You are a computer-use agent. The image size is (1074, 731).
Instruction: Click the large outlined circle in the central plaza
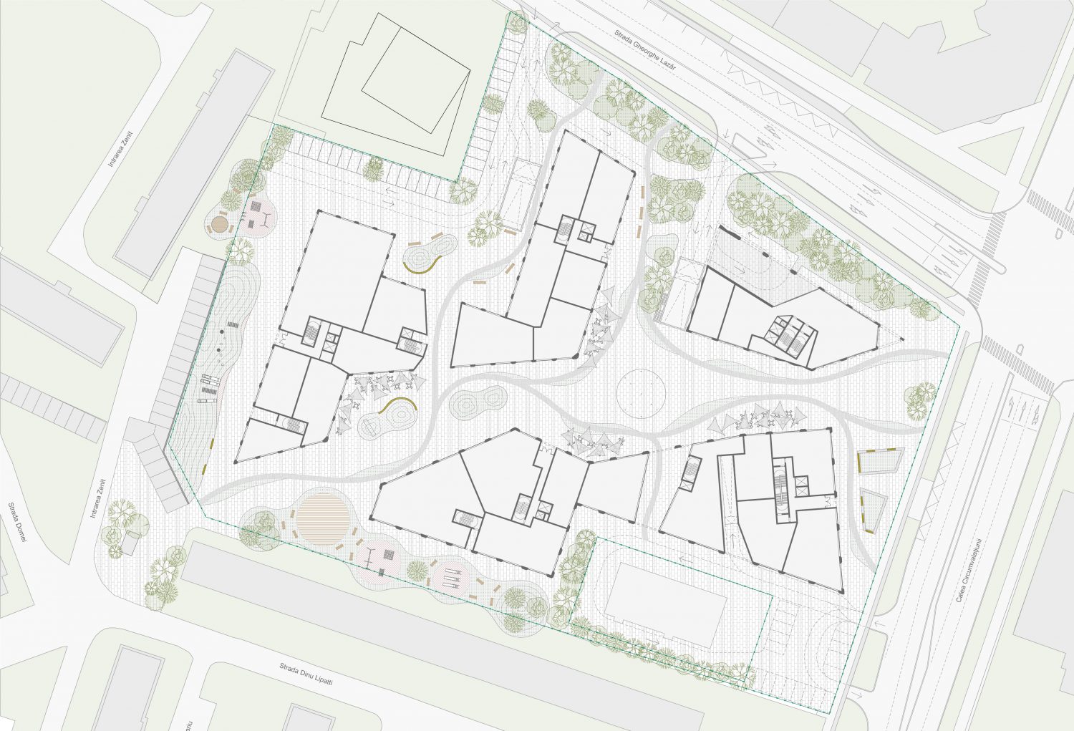coord(642,394)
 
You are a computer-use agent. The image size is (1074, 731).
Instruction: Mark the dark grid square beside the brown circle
coord(256,208)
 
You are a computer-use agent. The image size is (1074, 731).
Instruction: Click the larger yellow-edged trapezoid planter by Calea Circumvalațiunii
coord(880,463)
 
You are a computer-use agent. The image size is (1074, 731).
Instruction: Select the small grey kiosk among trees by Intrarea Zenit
coord(131,542)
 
